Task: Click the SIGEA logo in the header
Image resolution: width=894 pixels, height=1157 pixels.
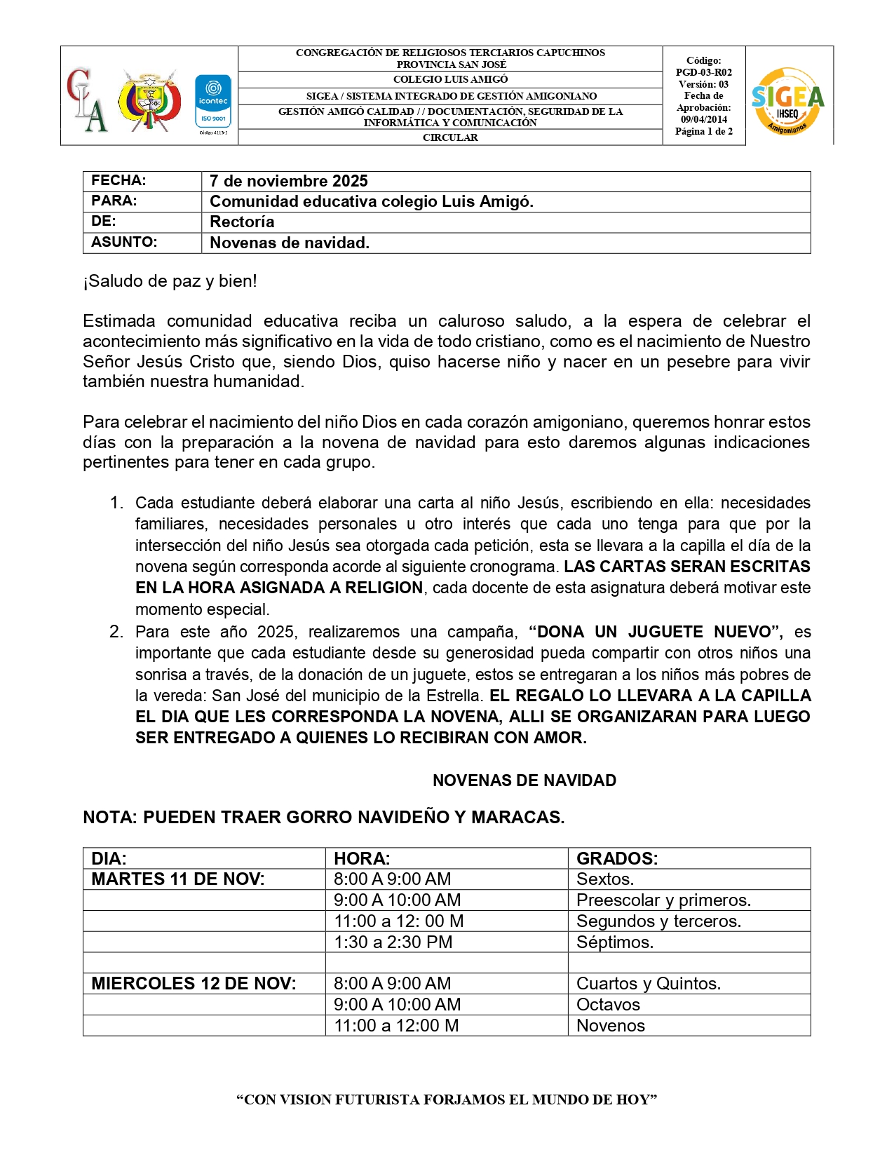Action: click(x=787, y=100)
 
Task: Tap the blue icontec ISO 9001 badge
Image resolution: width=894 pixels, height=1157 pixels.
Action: click(x=213, y=102)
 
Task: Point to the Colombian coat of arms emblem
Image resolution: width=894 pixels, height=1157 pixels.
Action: click(x=149, y=100)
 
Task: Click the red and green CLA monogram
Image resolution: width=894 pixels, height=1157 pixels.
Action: click(x=88, y=100)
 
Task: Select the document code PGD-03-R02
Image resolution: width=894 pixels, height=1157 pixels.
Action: click(x=703, y=72)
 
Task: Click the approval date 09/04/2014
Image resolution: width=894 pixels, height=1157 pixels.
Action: click(x=703, y=119)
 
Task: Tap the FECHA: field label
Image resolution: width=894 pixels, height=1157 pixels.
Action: click(x=118, y=180)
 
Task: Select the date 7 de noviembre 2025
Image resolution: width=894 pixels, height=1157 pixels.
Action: click(x=288, y=181)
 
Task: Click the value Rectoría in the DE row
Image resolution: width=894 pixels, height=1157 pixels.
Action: click(x=242, y=222)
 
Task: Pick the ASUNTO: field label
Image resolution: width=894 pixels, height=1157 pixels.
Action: click(x=124, y=242)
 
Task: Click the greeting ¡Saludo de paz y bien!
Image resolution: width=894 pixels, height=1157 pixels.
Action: click(x=170, y=281)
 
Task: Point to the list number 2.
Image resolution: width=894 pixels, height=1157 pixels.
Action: click(x=116, y=632)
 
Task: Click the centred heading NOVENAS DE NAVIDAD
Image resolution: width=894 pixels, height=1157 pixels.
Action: click(x=524, y=780)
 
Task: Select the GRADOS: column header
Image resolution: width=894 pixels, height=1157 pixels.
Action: click(x=617, y=858)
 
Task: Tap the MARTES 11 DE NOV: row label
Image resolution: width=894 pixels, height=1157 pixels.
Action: click(x=178, y=879)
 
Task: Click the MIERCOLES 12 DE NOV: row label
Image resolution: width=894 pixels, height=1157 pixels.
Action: click(x=194, y=983)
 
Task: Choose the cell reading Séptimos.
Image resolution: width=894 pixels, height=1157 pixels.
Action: click(x=614, y=942)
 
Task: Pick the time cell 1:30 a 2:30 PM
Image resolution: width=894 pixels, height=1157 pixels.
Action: click(x=393, y=942)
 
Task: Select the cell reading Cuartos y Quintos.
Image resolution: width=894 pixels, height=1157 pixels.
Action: click(x=648, y=983)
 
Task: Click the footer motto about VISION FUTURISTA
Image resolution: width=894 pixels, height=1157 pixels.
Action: click(x=447, y=1100)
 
